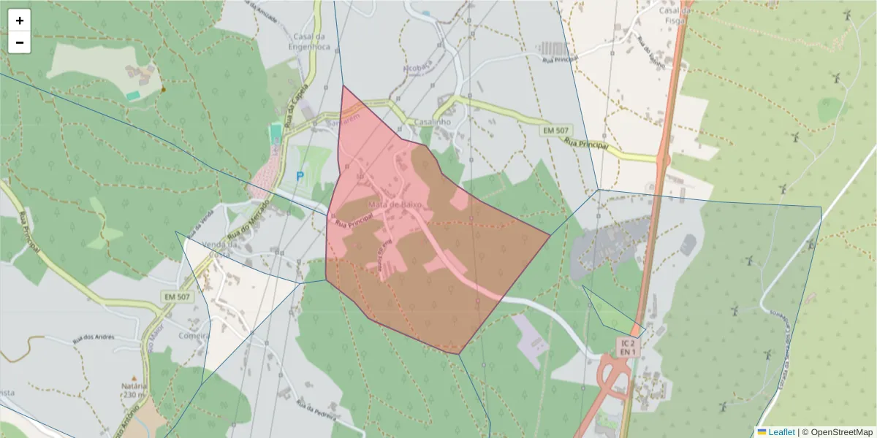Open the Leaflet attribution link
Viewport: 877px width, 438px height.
pos(781,431)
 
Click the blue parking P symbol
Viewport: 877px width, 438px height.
pos(300,177)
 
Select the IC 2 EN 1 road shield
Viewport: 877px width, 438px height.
pos(628,347)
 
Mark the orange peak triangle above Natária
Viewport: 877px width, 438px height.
pos(134,378)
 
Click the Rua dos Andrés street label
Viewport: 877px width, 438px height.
pos(94,338)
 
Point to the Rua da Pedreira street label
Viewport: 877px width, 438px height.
pos(317,408)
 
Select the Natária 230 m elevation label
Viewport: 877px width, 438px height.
pos(134,390)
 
